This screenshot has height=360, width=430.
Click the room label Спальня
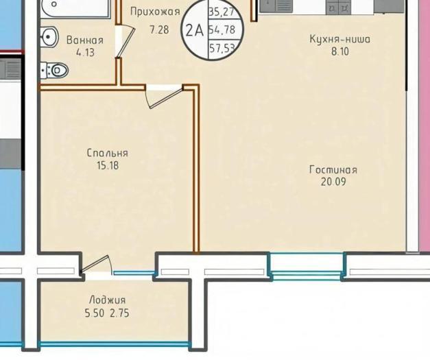[108, 153]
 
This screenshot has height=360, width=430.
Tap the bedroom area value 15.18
[108, 165]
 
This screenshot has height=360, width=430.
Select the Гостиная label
[333, 170]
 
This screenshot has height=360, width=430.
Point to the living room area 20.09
[333, 182]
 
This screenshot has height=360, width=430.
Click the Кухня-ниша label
[339, 39]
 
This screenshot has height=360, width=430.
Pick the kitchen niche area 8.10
[340, 51]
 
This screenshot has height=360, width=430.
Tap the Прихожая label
[155, 12]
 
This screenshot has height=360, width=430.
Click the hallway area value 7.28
[159, 29]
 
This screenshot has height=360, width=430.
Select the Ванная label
[85, 40]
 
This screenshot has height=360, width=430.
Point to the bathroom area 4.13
[85, 52]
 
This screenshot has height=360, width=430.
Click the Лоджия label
[108, 300]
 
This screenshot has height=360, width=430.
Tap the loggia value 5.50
[95, 313]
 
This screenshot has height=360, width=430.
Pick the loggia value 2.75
[119, 313]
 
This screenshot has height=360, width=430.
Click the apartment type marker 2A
[195, 30]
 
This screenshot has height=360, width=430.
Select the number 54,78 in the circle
[222, 29]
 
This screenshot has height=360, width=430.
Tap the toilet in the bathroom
[54, 71]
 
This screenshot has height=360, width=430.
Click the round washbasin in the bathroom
[49, 36]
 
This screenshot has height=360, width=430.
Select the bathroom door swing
[125, 41]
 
